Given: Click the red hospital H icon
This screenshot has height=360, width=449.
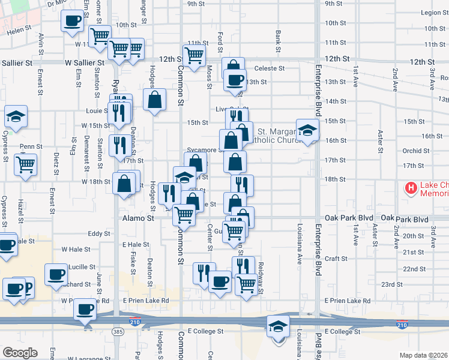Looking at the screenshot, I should (x=411, y=188).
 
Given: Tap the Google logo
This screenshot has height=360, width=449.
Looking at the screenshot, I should (x=19, y=353).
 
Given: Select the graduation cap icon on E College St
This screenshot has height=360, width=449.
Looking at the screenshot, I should (x=278, y=326).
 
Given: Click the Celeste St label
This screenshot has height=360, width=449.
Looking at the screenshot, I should (x=269, y=68).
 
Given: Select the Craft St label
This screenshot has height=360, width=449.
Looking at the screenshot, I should (x=336, y=259).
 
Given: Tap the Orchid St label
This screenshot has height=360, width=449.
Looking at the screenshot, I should (x=416, y=151).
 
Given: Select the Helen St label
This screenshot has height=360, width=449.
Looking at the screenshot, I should (x=19, y=28).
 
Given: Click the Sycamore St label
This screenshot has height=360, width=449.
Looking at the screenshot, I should (x=201, y=146).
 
